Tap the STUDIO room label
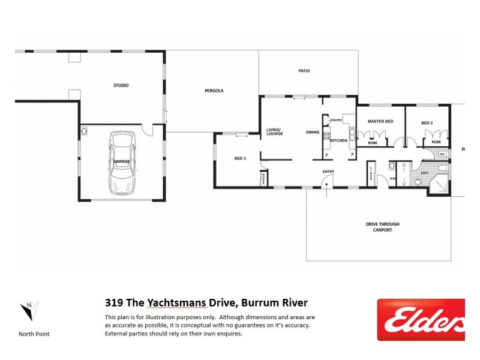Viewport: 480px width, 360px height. pyautogui.click(x=121, y=85)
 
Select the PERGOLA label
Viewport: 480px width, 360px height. pyautogui.click(x=214, y=91)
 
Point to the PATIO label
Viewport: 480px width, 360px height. pyautogui.click(x=304, y=71)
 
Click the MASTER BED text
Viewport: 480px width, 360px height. pyautogui.click(x=380, y=122)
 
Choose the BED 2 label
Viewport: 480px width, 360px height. pyautogui.click(x=427, y=122)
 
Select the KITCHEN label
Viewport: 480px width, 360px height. pyautogui.click(x=338, y=140)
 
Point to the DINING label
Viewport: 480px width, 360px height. pyautogui.click(x=313, y=132)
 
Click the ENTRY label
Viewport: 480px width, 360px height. pyautogui.click(x=328, y=172)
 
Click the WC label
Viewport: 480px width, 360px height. pyautogui.click(x=442, y=154)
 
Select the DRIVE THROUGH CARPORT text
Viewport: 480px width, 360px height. pyautogui.click(x=382, y=227)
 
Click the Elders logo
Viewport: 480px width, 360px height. pyautogui.click(x=421, y=320)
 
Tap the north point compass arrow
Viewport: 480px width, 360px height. pyautogui.click(x=28, y=311)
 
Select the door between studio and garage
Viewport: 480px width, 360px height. pyautogui.click(x=146, y=130)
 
